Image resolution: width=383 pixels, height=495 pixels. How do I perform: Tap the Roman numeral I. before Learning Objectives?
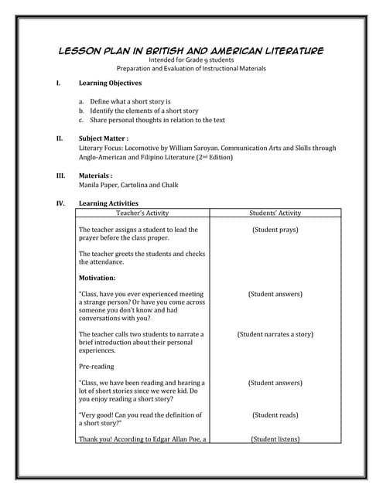coord(59,83)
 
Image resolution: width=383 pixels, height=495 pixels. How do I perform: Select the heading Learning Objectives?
coord(110,83)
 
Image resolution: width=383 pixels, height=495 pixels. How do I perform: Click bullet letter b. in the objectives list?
coord(81,111)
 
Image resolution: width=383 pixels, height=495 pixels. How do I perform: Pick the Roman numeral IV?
coord(61,203)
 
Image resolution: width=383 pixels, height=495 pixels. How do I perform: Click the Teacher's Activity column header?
coord(142,213)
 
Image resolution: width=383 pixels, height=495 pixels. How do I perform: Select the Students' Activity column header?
coord(275,213)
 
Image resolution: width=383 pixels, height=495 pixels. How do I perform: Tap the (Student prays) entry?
coord(275,230)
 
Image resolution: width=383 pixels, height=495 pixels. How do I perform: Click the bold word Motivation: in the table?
coord(97,278)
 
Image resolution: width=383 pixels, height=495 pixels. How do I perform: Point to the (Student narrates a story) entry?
coord(275,334)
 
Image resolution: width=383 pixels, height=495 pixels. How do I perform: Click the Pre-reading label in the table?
coord(96,366)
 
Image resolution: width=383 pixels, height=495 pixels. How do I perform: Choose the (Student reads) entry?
coord(275,415)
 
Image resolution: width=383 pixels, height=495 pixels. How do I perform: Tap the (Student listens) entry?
coord(275,439)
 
